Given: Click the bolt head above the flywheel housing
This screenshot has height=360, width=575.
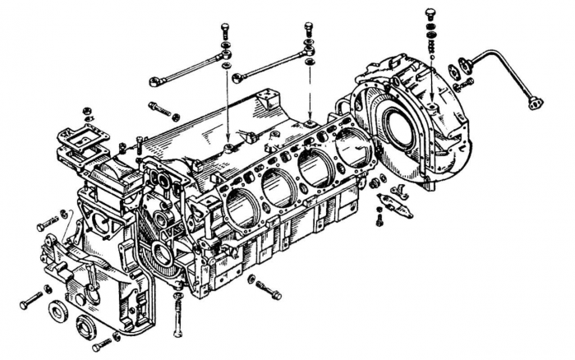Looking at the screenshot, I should [430, 13].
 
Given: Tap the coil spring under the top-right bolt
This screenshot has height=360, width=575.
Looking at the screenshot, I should [430, 35].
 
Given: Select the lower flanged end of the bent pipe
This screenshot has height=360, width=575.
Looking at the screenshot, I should [536, 103].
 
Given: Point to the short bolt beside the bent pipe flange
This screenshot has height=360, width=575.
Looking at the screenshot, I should [464, 83].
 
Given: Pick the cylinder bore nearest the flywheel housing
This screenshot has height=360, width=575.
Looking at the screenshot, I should [352, 149].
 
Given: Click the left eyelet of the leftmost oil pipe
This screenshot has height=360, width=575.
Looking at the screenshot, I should [154, 81].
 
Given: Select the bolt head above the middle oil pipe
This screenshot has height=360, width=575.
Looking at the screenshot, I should [308, 27].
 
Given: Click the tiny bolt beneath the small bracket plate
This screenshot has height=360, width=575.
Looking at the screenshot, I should [379, 220].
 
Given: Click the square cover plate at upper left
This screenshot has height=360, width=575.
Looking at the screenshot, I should [82, 145].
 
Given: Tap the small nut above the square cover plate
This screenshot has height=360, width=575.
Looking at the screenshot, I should [86, 111].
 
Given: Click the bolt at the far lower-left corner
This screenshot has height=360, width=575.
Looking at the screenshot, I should [31, 300].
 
